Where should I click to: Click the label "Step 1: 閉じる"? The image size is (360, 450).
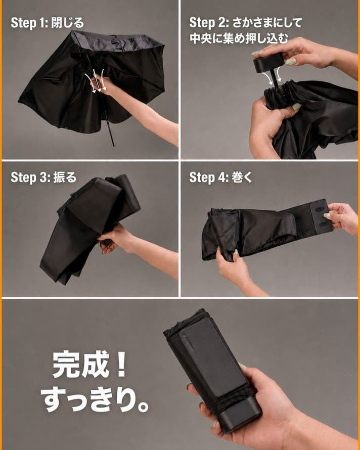[x=47, y=23]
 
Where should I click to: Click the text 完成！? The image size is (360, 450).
[x=89, y=364]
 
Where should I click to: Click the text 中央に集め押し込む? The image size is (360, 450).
[x=239, y=38]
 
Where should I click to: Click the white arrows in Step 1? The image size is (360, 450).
[x=96, y=82]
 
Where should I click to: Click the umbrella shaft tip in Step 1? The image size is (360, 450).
[x=113, y=145]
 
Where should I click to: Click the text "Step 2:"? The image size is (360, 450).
[x=209, y=23]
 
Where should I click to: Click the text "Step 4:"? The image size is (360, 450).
[x=209, y=177]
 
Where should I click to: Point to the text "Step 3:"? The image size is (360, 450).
[x=30, y=177]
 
